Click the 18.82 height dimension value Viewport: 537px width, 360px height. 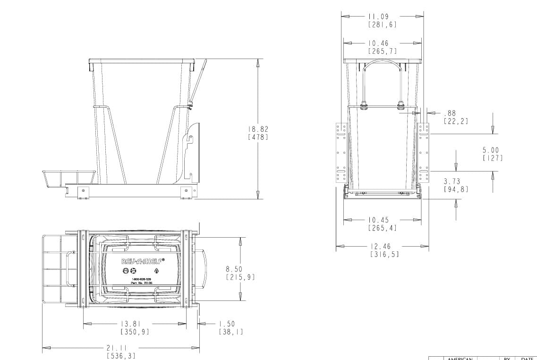click(x=258, y=129)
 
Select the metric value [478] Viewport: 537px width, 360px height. click(x=258, y=137)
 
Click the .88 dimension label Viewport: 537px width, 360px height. click(x=450, y=113)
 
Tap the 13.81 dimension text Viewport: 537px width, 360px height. click(x=135, y=324)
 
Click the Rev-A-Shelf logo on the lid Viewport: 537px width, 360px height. click(x=143, y=261)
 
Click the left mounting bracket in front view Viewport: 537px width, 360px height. click(x=341, y=152)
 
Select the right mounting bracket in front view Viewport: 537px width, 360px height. click(x=424, y=152)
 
